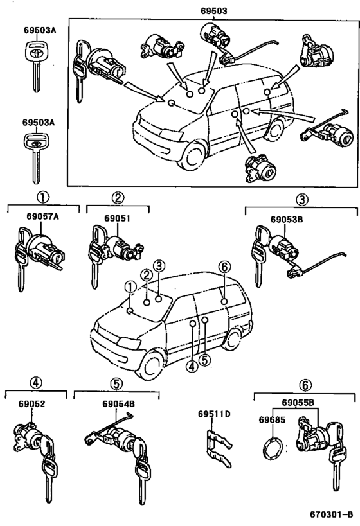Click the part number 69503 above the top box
(214, 11)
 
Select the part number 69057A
(42, 216)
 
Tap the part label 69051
(117, 218)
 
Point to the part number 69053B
(287, 220)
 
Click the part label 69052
(32, 404)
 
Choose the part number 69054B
(118, 404)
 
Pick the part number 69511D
(214, 414)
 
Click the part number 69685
(272, 419)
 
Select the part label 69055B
(298, 402)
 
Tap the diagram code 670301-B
(332, 514)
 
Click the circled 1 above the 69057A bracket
(42, 197)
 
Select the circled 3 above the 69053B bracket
(301, 200)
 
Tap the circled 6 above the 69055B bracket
(305, 385)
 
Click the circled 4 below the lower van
(192, 367)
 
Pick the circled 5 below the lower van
(205, 360)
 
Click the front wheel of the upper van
(192, 155)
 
